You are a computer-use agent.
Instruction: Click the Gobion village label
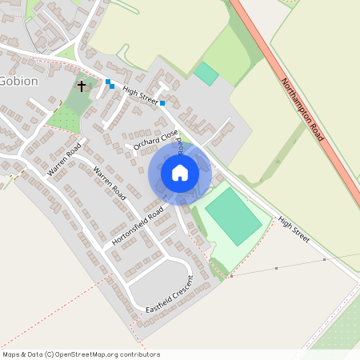18,81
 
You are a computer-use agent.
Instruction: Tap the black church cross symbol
81,85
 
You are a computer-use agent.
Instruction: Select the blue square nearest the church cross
108,82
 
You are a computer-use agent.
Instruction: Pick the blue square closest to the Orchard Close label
162,103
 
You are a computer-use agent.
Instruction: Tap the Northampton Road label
302,110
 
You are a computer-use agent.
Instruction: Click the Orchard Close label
155,138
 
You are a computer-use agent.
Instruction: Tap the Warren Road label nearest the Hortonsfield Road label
110,182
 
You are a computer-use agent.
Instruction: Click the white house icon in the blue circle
180,173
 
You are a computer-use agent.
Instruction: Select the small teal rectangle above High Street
206,74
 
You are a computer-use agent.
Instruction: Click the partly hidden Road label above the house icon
181,146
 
